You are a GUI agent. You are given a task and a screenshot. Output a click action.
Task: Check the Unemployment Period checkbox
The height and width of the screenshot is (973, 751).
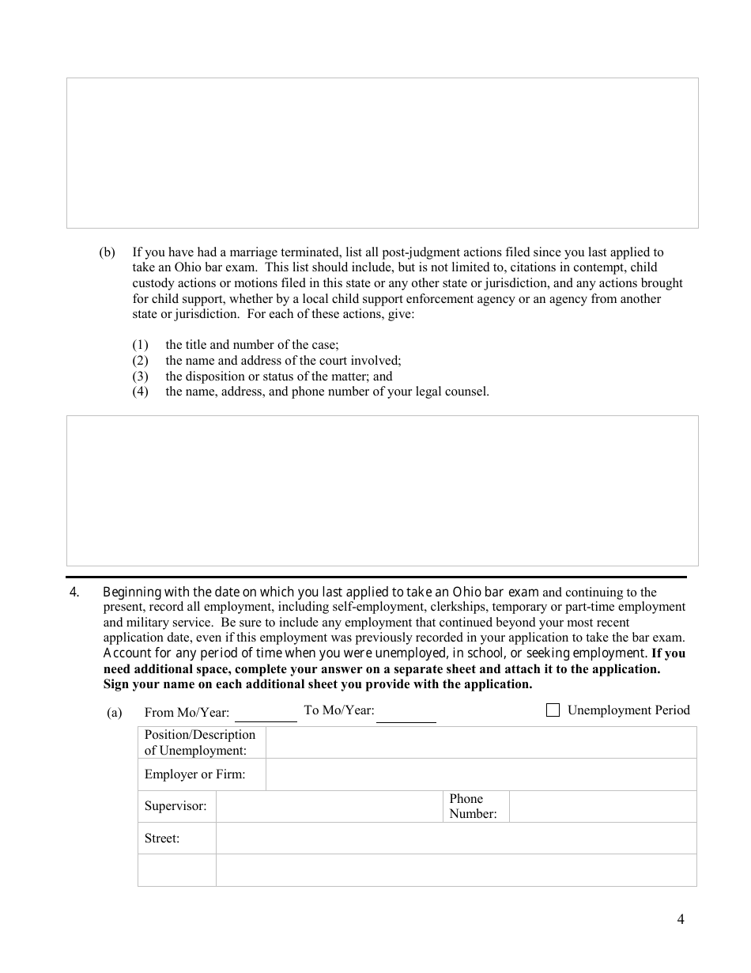[x=553, y=710]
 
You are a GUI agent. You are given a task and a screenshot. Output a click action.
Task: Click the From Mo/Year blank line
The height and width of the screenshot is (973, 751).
[x=266, y=714]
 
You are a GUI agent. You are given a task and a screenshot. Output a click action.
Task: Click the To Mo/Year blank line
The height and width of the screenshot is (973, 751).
[x=406, y=714]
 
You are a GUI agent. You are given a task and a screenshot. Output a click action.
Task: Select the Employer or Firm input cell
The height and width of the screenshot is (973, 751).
[x=481, y=774]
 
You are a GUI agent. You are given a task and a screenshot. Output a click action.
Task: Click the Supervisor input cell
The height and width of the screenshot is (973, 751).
[x=329, y=806]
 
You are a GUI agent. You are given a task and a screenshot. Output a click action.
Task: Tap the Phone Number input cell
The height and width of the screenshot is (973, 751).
[x=602, y=806]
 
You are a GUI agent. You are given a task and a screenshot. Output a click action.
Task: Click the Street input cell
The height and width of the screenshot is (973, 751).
[x=456, y=838]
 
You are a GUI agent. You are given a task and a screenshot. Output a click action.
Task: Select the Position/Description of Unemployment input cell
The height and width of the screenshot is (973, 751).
[x=481, y=743]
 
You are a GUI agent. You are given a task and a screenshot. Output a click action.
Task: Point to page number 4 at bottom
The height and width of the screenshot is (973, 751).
[x=681, y=918]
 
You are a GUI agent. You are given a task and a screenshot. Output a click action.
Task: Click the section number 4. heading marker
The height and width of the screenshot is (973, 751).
[x=74, y=592]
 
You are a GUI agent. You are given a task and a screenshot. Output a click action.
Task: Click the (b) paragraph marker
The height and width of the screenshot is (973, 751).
[x=107, y=252]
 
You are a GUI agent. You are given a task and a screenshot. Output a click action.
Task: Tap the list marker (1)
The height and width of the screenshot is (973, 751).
[x=140, y=345]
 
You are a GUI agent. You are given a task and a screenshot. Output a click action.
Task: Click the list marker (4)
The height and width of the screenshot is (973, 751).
[x=140, y=392]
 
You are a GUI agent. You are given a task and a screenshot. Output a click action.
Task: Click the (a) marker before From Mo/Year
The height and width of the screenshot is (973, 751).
[x=115, y=713]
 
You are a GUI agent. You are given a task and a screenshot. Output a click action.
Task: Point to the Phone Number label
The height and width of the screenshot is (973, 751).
[x=473, y=806]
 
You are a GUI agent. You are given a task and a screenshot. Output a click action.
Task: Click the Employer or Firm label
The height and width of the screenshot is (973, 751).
[x=194, y=774]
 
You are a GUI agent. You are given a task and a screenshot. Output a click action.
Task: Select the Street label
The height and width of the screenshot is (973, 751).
[x=162, y=839]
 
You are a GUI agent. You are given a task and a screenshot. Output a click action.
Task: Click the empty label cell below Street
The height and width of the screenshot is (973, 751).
[x=176, y=870]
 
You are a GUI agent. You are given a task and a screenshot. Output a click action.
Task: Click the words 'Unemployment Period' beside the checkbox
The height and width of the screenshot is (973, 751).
[x=628, y=710]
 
